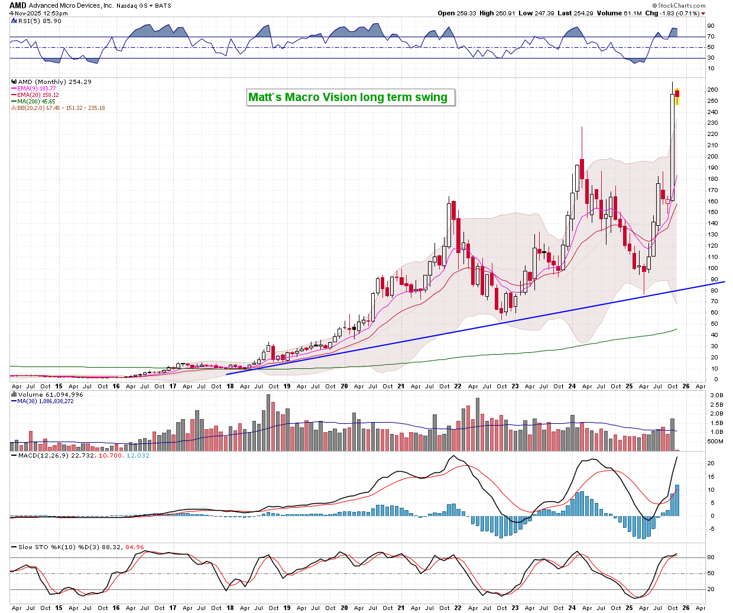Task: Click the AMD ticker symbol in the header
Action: (x=17, y=5)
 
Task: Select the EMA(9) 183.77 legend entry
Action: (x=36, y=89)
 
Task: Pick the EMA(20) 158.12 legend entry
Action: (x=38, y=95)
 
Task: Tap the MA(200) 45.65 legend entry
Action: (x=36, y=102)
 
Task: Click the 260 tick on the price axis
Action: (x=713, y=90)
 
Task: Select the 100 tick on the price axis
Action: (x=713, y=268)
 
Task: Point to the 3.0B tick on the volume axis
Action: (x=716, y=395)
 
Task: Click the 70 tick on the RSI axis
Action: (x=711, y=37)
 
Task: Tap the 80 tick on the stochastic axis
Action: (x=711, y=557)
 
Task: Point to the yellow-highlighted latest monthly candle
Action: (x=677, y=96)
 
